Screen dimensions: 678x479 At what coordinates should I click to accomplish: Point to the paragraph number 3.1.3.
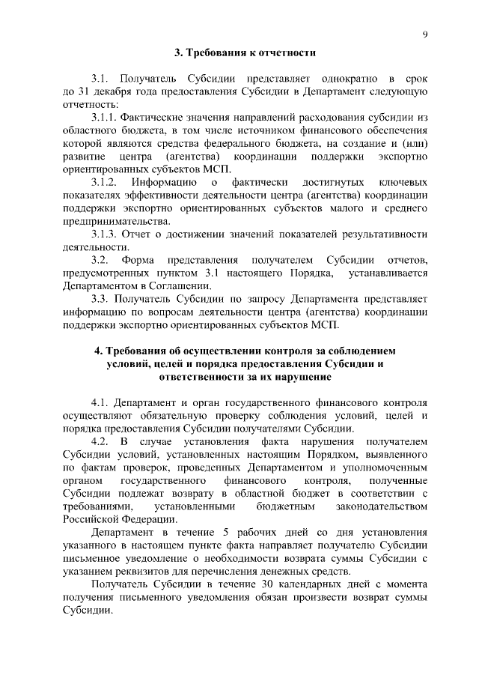103,234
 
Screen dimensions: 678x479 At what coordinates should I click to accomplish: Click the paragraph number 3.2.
100,259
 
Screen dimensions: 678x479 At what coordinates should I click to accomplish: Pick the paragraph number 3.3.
100,298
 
